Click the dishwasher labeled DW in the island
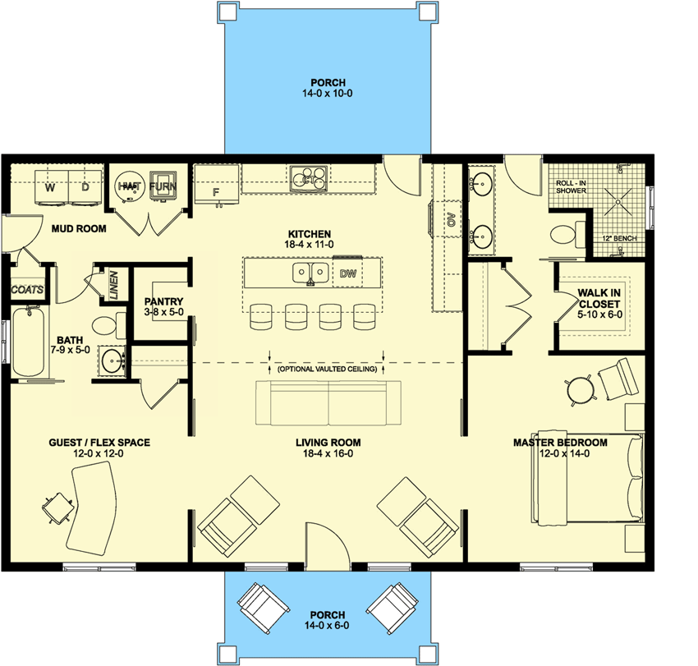[x=347, y=273]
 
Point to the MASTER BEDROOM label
[x=560, y=443]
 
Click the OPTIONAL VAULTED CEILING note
[x=327, y=370]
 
